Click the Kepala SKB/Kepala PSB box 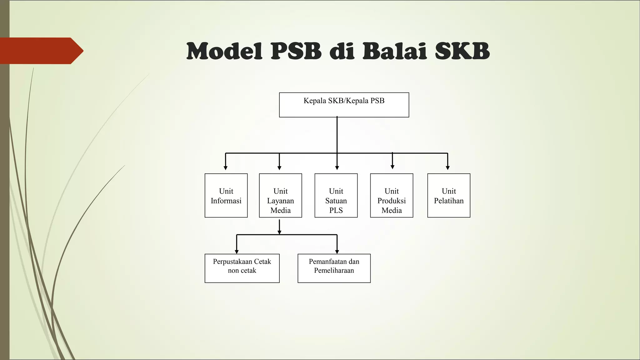pyautogui.click(x=344, y=105)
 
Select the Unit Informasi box pyautogui.click(x=226, y=195)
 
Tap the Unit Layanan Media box pyautogui.click(x=280, y=195)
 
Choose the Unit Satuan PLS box pyautogui.click(x=336, y=195)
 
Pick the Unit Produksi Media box pyautogui.click(x=392, y=195)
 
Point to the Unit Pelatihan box pyautogui.click(x=449, y=195)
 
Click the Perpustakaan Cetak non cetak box pyautogui.click(x=242, y=268)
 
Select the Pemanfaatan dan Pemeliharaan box pyautogui.click(x=334, y=268)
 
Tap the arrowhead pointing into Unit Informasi pyautogui.click(x=226, y=168)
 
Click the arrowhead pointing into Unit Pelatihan pyautogui.click(x=448, y=168)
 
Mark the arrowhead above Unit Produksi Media pyautogui.click(x=392, y=167)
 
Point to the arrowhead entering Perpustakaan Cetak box pyautogui.click(x=237, y=252)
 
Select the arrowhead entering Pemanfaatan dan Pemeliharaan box pyautogui.click(x=337, y=252)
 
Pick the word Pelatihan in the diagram pyautogui.click(x=449, y=201)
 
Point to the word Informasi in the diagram pyautogui.click(x=226, y=201)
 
